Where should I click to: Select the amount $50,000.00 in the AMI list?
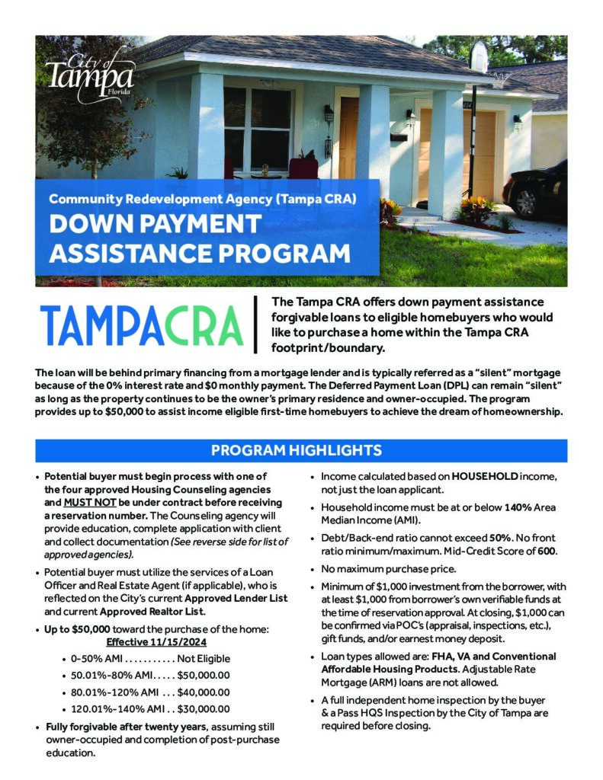tap(204, 675)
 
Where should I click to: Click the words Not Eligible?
tap(204, 658)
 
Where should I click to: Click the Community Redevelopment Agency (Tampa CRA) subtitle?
tap(203, 200)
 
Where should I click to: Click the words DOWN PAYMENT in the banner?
tap(155, 225)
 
